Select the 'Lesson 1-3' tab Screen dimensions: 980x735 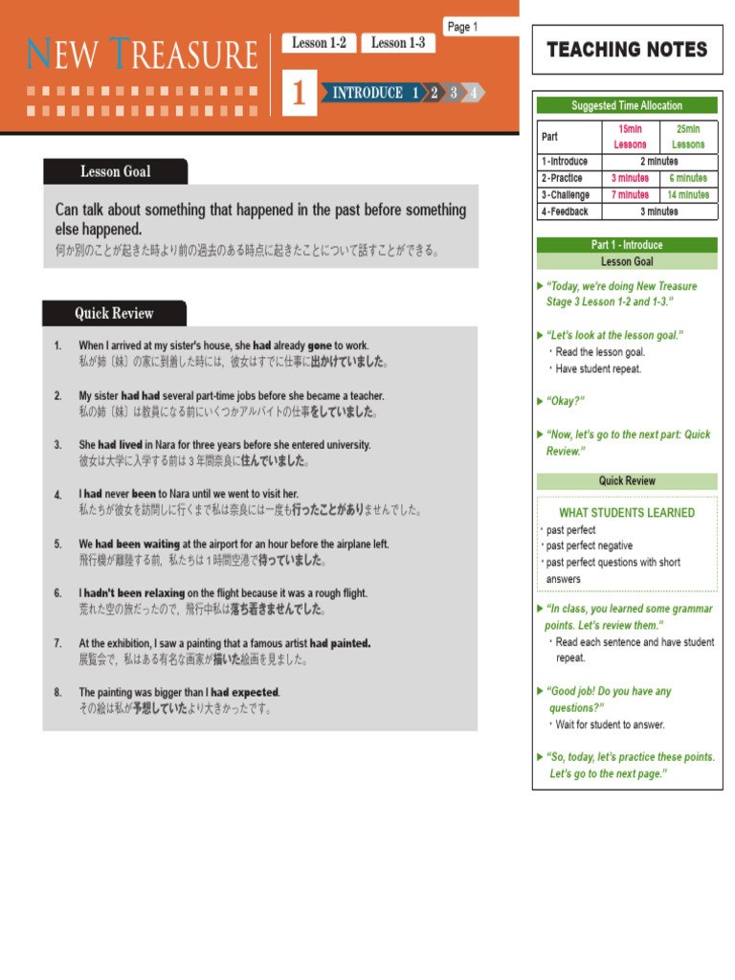click(x=397, y=43)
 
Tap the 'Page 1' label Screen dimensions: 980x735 click(x=462, y=27)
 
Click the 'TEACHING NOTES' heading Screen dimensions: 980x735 click(x=627, y=50)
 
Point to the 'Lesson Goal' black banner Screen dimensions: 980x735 click(x=115, y=171)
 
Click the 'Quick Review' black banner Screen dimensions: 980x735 click(x=114, y=313)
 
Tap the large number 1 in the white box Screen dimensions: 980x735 click(x=300, y=93)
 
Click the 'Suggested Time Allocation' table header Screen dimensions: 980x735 click(x=627, y=105)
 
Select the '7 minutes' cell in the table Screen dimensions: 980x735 click(x=630, y=194)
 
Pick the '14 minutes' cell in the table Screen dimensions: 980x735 click(x=688, y=194)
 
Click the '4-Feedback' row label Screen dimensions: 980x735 click(x=565, y=212)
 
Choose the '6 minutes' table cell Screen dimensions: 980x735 click(x=688, y=178)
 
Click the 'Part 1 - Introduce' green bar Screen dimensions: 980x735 click(x=627, y=245)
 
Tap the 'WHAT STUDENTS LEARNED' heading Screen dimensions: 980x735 click(x=627, y=513)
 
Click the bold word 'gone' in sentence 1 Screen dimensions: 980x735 click(x=320, y=345)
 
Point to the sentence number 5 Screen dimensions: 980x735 click(x=57, y=544)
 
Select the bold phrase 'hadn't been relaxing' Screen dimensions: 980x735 click(x=134, y=593)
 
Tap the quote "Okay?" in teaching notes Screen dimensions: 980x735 click(x=566, y=401)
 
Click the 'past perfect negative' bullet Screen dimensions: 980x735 click(x=590, y=546)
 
